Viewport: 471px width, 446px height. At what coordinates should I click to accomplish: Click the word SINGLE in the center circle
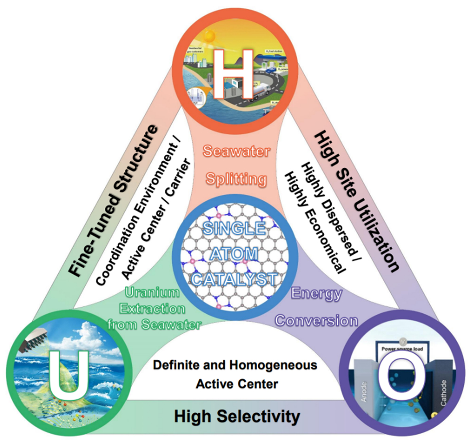pyautogui.click(x=234, y=229)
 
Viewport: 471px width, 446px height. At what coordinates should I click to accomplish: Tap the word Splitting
pyautogui.click(x=236, y=178)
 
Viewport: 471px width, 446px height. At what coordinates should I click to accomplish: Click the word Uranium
pyautogui.click(x=152, y=292)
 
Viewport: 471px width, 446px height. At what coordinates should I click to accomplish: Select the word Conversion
pyautogui.click(x=317, y=321)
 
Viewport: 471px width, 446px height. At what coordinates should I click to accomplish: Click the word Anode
pyautogui.click(x=363, y=391)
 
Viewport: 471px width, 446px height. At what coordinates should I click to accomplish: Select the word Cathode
pyautogui.click(x=443, y=392)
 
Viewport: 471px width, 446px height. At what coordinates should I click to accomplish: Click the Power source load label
pyautogui.click(x=402, y=348)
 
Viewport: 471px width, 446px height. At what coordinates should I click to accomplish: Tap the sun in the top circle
pyautogui.click(x=210, y=36)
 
